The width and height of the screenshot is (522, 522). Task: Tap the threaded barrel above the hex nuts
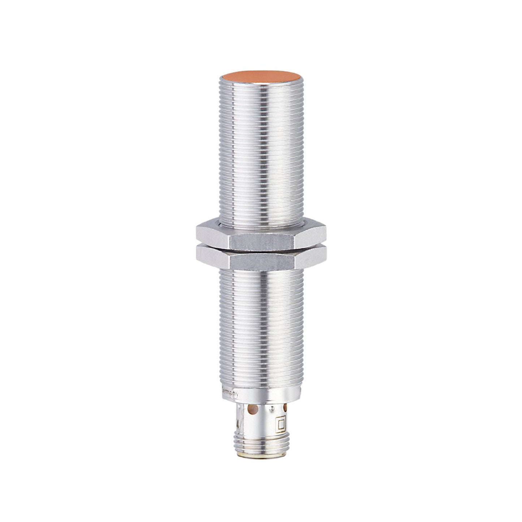tap(261, 152)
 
